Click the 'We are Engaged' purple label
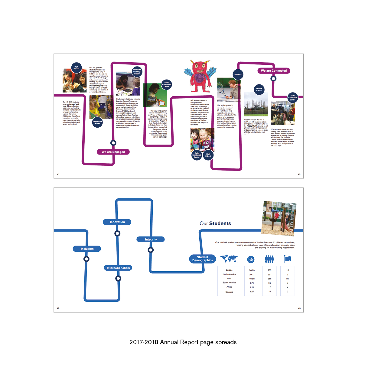pos(113,152)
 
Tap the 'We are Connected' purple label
pos(274,71)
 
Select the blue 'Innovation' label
pos(117,222)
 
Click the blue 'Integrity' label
pos(151,240)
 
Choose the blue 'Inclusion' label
pos(87,249)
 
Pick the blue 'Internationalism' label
pos(118,268)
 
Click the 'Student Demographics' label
pos(202,259)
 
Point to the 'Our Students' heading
pos(215,223)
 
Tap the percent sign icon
pos(251,259)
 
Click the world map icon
pos(229,259)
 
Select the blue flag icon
pos(287,259)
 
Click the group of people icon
pos(269,259)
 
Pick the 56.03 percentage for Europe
pos(252,270)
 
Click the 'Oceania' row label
pos(229,292)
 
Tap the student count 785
pos(269,270)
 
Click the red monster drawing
pos(200,76)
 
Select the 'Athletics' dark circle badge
pos(238,74)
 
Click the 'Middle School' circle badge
pos(259,90)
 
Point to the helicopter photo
pos(256,105)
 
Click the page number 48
pos(58,308)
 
